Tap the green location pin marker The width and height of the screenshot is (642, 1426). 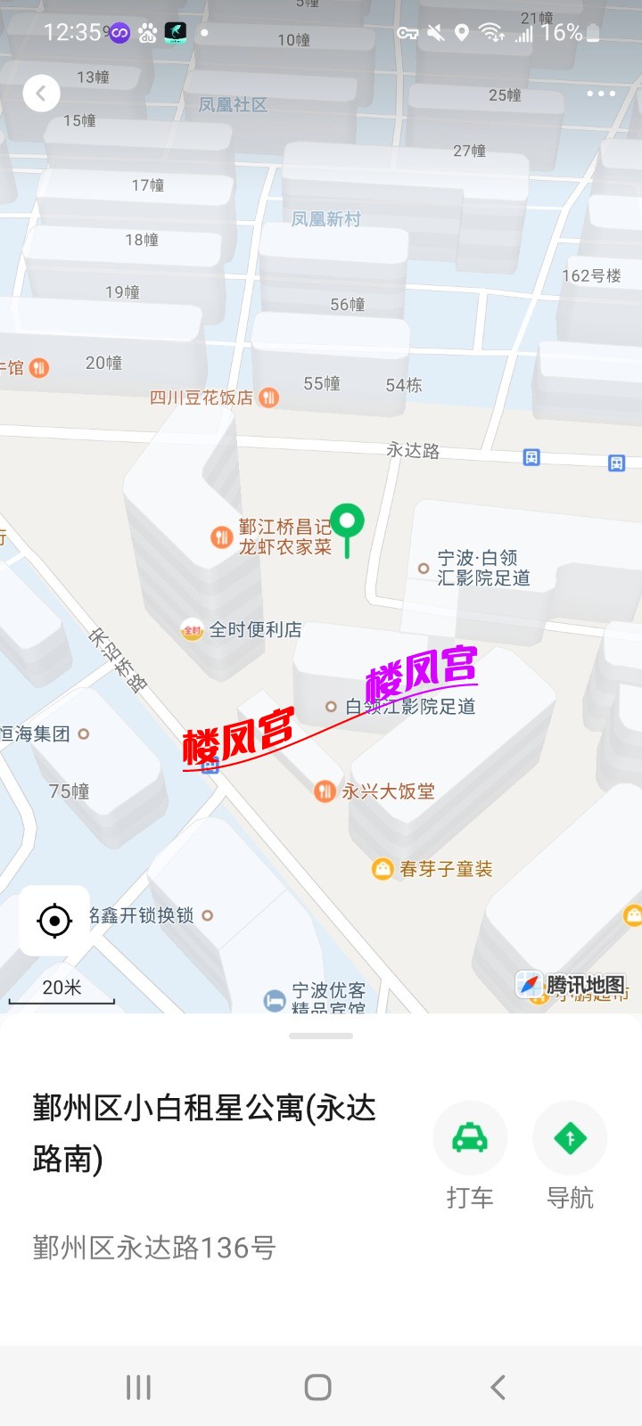click(347, 523)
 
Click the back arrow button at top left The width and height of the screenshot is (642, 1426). click(41, 94)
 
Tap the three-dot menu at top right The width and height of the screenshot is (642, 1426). click(600, 94)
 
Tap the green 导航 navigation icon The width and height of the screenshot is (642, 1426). click(570, 1138)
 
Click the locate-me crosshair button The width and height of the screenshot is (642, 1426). click(54, 921)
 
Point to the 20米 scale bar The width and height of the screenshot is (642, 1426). click(62, 991)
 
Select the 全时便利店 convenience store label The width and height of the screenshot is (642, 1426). click(254, 630)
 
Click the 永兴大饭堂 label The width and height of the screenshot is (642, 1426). click(388, 791)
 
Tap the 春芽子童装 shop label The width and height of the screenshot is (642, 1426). click(445, 869)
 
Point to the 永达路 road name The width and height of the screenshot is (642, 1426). click(413, 450)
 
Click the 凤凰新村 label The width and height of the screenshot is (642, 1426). click(325, 219)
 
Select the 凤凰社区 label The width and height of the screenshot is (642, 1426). click(233, 105)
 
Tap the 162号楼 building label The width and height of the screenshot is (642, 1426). click(591, 276)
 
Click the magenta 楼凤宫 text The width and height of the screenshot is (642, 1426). click(421, 673)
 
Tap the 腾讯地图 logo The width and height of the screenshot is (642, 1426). click(573, 985)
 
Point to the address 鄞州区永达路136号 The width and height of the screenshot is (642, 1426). click(154, 1248)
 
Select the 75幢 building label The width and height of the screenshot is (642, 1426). click(69, 791)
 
